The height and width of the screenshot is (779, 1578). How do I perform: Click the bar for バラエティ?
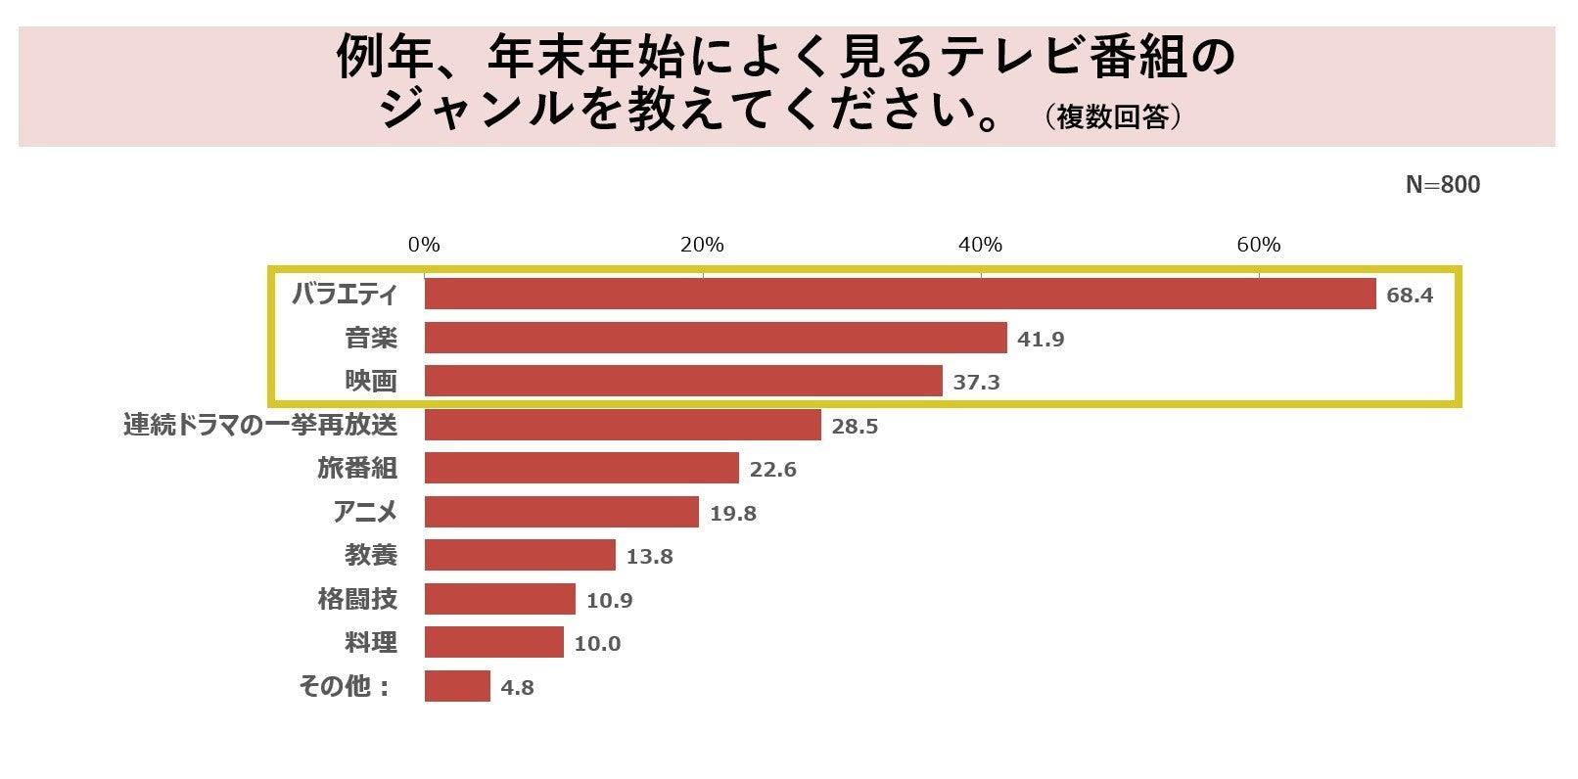coord(900,294)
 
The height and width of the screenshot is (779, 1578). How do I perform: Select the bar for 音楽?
coord(716,338)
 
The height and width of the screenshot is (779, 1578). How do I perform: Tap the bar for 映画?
coord(683,381)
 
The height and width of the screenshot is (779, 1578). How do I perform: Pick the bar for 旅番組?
coord(581,468)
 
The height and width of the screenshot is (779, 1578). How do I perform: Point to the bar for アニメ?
coord(562,512)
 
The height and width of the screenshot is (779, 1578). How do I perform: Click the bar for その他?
coord(457,686)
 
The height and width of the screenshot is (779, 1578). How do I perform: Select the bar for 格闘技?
coord(500,599)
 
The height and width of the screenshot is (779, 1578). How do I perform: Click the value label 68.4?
coord(1410,295)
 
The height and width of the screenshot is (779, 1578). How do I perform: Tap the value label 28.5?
coord(855,426)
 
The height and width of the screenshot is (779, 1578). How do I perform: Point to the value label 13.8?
coord(650,556)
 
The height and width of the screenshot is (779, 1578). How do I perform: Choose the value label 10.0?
coord(598,643)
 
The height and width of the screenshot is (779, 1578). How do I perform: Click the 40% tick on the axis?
coord(980,245)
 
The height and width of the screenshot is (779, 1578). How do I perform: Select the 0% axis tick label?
coord(424,245)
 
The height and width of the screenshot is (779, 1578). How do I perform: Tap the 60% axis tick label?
coord(1258,245)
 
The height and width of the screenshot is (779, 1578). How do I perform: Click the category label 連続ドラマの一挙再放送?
coord(260,425)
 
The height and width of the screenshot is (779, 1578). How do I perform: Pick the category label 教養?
coord(371,555)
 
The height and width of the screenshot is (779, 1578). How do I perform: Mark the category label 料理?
coord(371,642)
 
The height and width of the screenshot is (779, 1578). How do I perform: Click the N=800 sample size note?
coord(1442,185)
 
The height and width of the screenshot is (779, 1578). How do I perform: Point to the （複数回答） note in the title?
coord(1113,117)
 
